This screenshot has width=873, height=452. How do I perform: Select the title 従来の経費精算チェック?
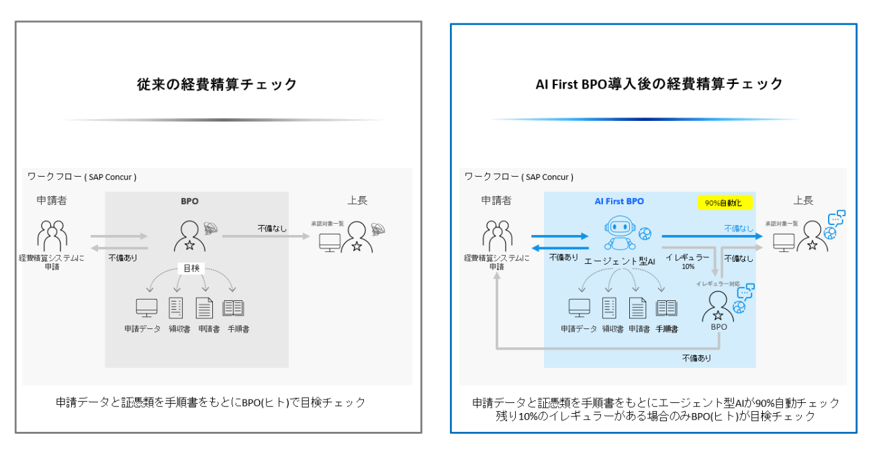pos(218,85)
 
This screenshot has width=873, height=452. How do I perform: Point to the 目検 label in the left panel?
pos(191,267)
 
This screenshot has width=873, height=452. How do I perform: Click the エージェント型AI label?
pos(618,261)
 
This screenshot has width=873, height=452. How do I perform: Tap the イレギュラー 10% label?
pos(687,261)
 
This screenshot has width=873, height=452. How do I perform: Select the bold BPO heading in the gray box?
pos(190,201)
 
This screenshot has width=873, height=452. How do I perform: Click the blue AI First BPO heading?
pos(618,201)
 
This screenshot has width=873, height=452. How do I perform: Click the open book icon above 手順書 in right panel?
pos(666,308)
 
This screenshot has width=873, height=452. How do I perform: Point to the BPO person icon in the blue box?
pos(717,308)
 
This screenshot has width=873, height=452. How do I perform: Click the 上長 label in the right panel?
pos(802,200)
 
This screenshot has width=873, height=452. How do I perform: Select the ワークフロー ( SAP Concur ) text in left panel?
pos(82,177)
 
